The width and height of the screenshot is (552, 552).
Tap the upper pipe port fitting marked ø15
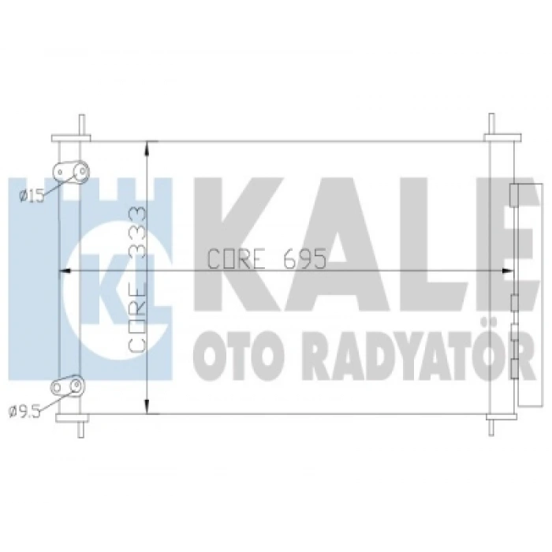point(69,172)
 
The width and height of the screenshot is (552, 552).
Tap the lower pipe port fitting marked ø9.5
point(69,386)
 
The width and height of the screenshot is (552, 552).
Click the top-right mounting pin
point(491,125)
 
